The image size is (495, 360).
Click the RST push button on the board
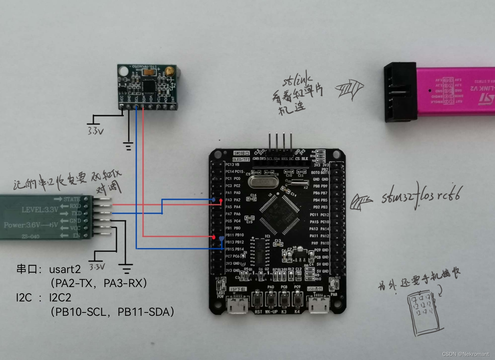click(258, 299)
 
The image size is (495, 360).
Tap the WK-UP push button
click(271, 299)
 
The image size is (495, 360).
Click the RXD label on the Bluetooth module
click(75, 206)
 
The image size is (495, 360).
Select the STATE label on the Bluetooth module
click(71, 199)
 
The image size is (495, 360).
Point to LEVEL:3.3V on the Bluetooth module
click(40, 210)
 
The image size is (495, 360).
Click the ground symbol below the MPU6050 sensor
click(128, 146)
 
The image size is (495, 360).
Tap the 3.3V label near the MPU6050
click(95, 131)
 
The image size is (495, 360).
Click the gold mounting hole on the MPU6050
click(169, 71)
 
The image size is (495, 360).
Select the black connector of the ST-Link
click(400, 92)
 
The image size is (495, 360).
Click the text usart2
click(65, 269)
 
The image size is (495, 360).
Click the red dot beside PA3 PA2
click(221, 200)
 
